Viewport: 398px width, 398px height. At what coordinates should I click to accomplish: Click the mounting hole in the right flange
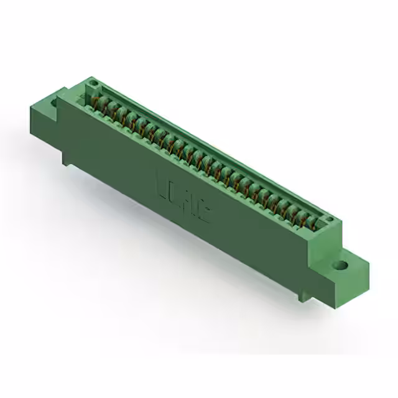[340, 265]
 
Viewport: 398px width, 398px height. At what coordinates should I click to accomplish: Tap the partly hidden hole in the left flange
[55, 101]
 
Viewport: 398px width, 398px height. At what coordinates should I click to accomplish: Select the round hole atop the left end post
[93, 81]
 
